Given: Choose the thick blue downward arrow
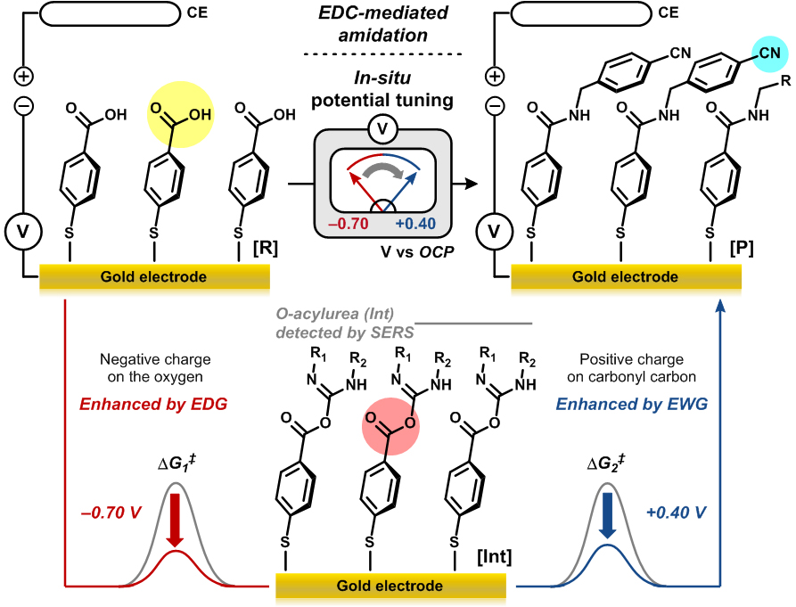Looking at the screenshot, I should (x=608, y=519).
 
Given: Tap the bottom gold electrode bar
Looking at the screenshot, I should (x=390, y=586).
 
